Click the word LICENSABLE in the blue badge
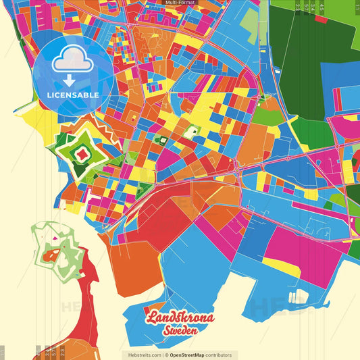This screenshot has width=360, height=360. tap(73, 95)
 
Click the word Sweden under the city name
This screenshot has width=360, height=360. tap(180, 331)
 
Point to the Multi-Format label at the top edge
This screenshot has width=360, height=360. tap(180, 3)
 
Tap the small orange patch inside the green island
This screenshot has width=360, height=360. tap(51, 255)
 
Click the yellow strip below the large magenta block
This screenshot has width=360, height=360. tap(280, 269)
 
